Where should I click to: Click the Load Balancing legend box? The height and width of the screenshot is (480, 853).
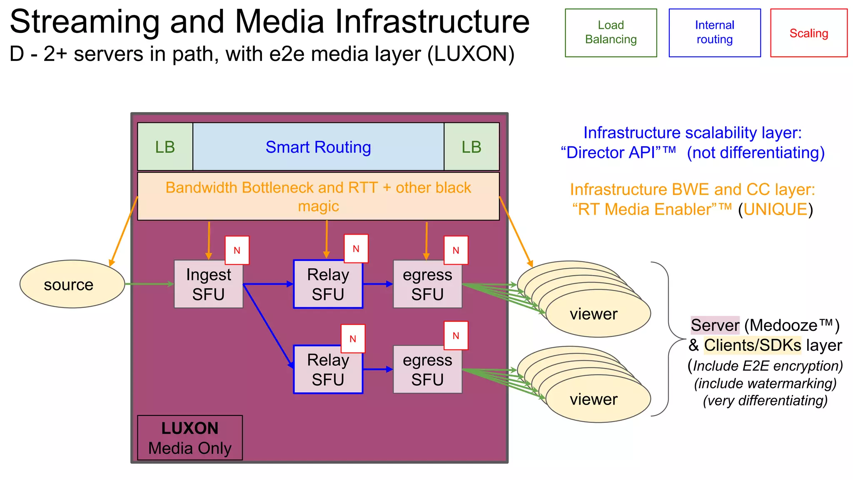(x=611, y=32)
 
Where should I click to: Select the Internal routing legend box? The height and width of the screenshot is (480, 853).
(x=714, y=32)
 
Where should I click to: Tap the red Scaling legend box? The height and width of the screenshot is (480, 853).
(x=808, y=33)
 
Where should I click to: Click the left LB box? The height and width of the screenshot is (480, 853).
(x=165, y=147)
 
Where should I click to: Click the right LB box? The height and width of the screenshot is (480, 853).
(x=471, y=147)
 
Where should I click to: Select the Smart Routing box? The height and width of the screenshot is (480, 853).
(x=318, y=147)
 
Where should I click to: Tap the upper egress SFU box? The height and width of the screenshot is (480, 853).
(x=427, y=285)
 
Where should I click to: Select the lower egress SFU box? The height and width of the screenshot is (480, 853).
(x=427, y=370)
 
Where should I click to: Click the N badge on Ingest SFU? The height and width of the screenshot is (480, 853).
(x=237, y=250)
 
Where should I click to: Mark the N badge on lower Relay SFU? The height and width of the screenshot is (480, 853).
(x=353, y=339)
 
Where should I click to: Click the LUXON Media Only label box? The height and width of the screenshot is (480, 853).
(x=190, y=438)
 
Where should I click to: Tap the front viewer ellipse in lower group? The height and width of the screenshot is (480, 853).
(x=598, y=399)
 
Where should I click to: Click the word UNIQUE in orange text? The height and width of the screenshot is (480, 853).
(x=776, y=209)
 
